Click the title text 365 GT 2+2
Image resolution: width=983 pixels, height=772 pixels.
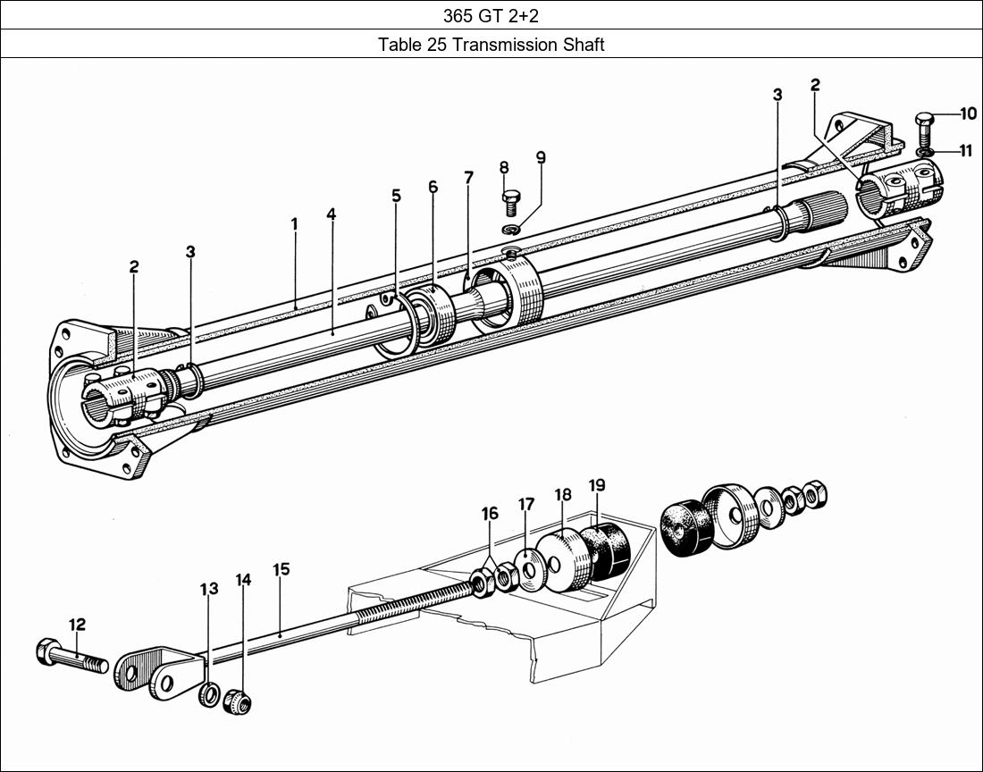491,14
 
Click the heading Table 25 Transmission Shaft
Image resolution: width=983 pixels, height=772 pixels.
491,44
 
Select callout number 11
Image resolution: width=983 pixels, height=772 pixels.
965,151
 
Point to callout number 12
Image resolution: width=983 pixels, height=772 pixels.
77,625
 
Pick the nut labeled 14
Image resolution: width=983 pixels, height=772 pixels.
236,701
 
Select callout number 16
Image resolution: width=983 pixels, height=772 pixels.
490,514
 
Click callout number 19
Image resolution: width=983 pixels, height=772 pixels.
597,485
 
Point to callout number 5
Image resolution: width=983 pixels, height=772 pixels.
396,196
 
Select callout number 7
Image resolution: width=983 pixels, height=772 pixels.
468,177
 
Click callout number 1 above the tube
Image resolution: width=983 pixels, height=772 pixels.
294,223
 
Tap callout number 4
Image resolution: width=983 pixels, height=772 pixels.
331,215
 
